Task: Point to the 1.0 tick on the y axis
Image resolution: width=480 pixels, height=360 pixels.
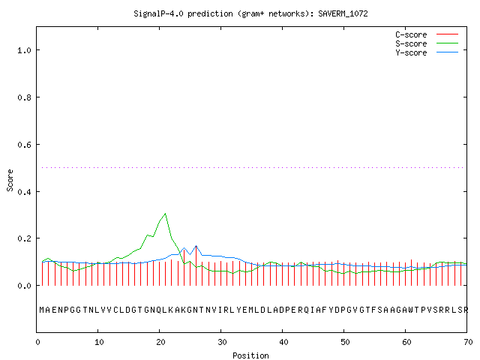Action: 25,50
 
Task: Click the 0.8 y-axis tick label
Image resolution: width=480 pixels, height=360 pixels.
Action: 25,97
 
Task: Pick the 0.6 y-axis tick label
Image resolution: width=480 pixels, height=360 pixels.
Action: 25,145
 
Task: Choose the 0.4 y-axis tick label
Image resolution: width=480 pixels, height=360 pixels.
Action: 25,192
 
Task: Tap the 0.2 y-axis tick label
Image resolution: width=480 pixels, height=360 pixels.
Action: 25,238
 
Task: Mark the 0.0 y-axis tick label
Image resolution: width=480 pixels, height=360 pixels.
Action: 25,286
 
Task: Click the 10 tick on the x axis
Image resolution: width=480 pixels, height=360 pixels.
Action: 98,342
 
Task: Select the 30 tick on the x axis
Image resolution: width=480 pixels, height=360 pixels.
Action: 222,342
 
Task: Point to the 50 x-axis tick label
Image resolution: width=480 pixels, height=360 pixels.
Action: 345,342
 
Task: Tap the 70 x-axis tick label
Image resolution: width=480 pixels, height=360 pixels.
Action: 468,342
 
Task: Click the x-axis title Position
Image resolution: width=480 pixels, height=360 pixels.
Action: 250,355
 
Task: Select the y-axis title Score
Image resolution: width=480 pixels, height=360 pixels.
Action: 10,180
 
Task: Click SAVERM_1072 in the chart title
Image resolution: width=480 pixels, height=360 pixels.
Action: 343,13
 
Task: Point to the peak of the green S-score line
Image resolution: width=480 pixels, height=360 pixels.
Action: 165,213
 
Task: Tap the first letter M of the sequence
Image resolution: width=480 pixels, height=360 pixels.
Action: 42,310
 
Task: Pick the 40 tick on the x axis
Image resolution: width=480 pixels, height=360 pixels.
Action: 283,342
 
